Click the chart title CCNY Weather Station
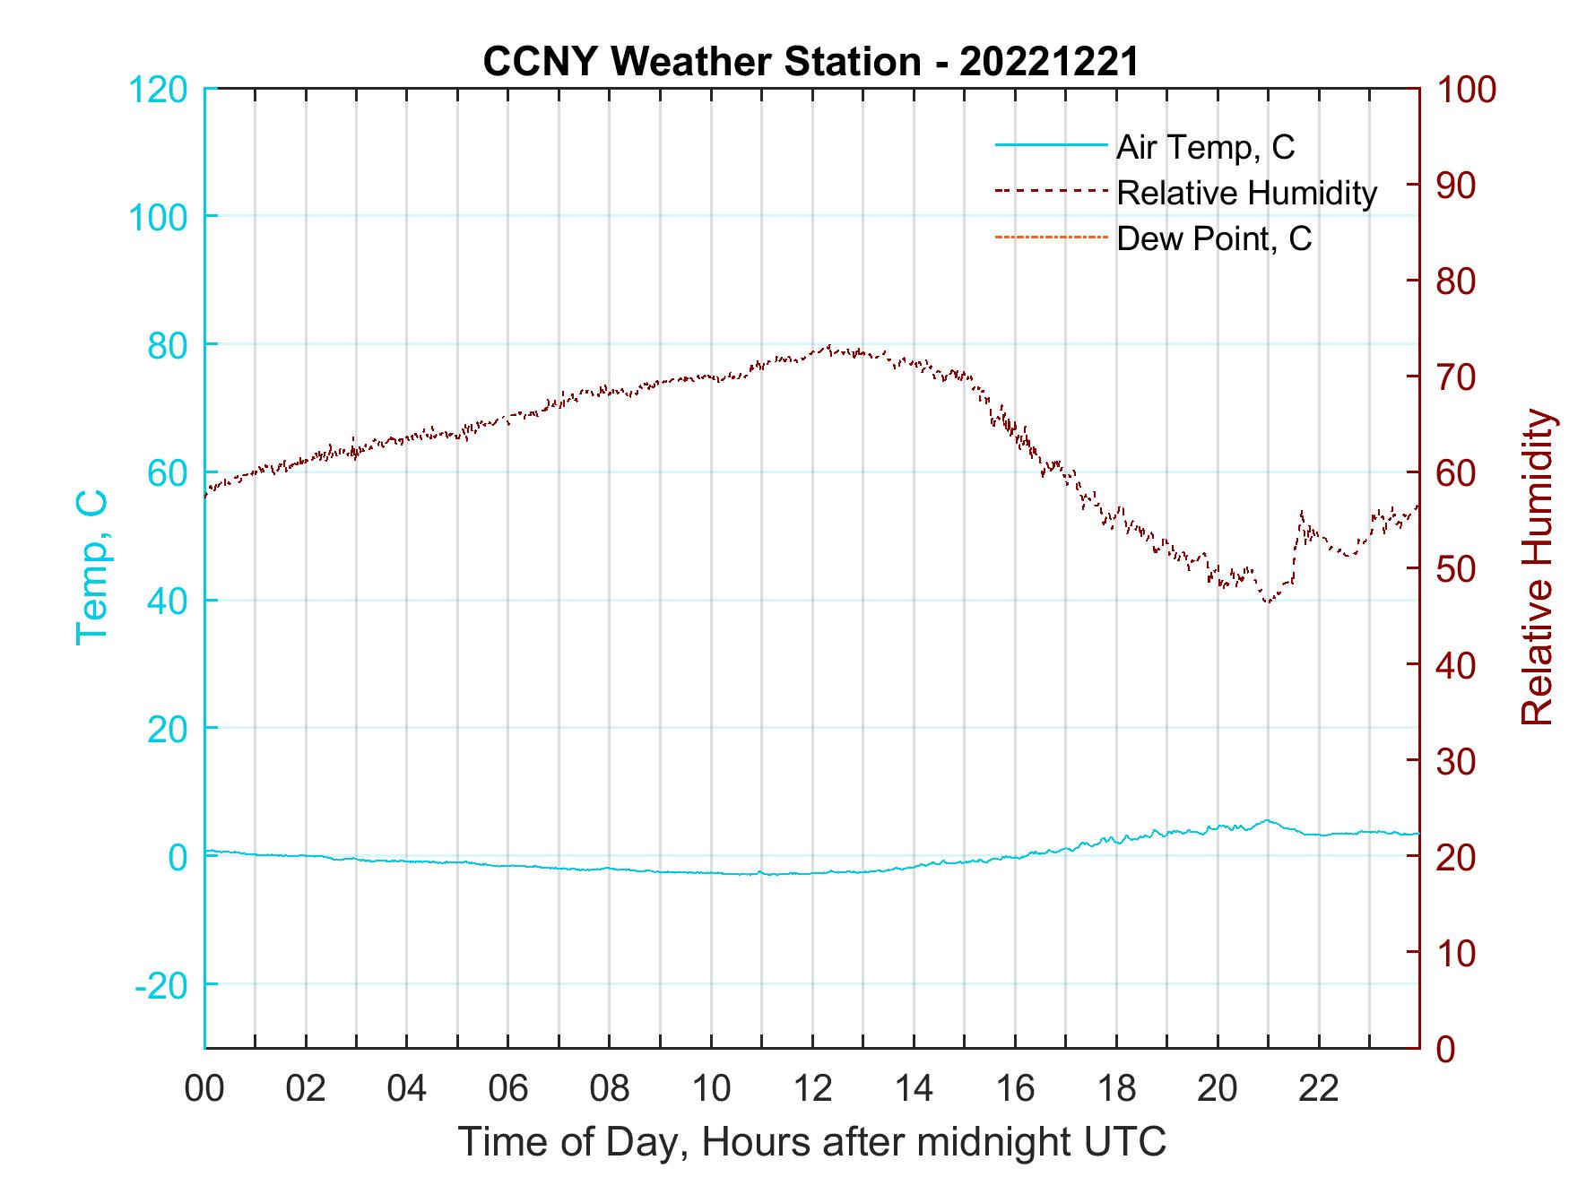[x=811, y=62]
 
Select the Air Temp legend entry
[x=1204, y=147]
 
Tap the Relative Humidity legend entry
[x=1245, y=193]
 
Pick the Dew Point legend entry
[x=1213, y=239]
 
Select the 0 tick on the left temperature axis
[x=177, y=857]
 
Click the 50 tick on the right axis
[x=1457, y=569]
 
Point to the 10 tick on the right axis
[x=1457, y=953]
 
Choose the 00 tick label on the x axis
[x=204, y=1089]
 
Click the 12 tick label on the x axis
[x=812, y=1089]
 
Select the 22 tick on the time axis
[x=1319, y=1089]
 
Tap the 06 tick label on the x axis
[x=508, y=1089]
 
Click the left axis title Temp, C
[x=92, y=567]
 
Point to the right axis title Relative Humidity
[x=1537, y=567]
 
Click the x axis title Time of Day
[x=812, y=1142]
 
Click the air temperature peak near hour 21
[x=1267, y=820]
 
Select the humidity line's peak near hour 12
[x=829, y=346]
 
